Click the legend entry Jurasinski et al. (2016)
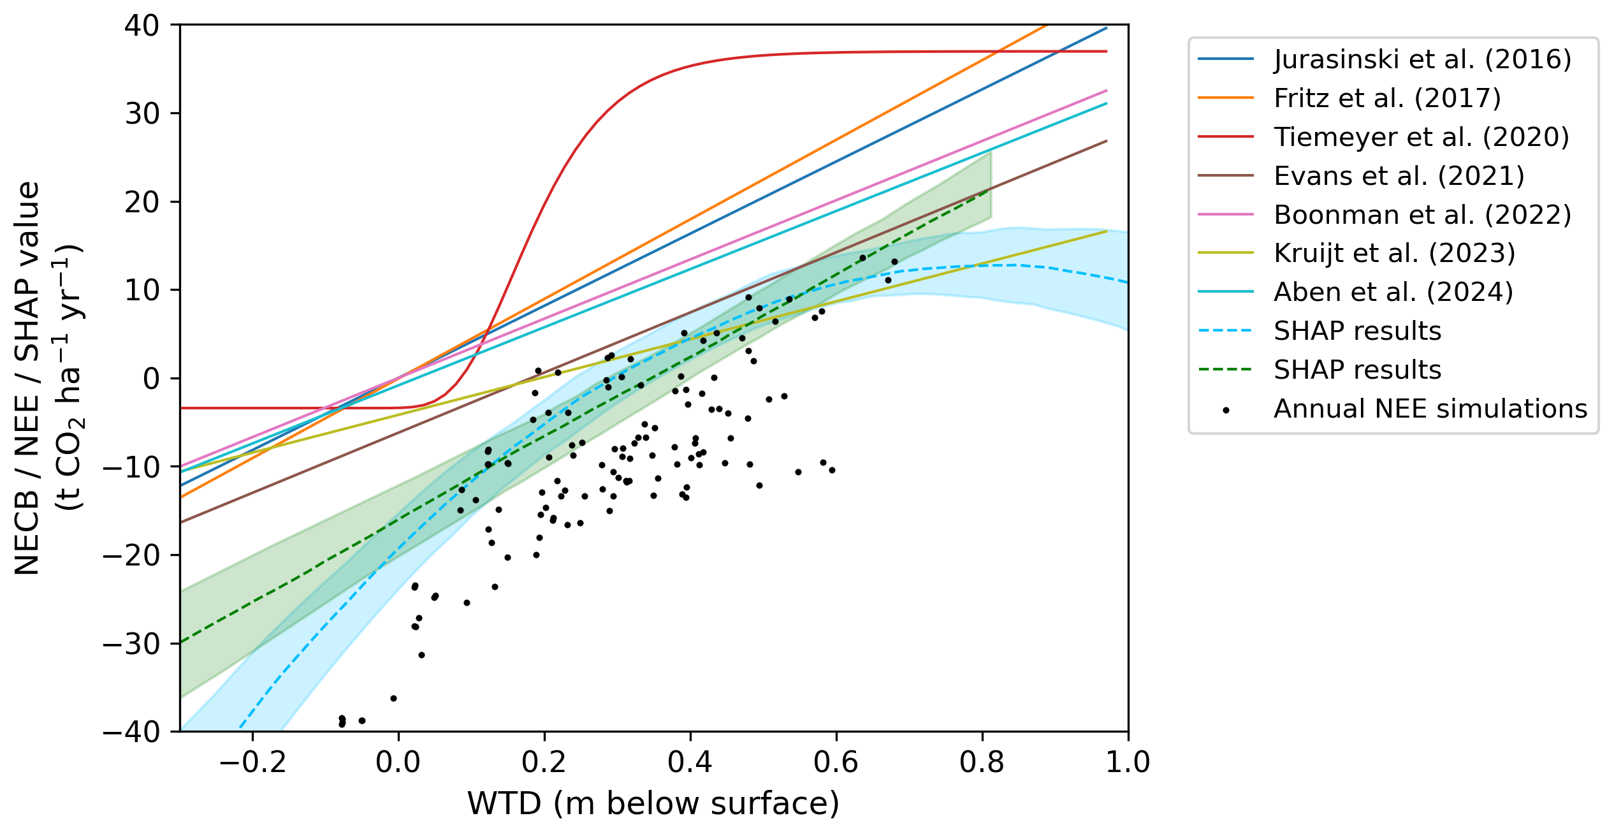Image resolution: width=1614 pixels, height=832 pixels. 1422,59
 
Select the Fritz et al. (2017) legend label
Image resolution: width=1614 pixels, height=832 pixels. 1387,98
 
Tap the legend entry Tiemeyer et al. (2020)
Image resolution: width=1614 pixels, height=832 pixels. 1421,137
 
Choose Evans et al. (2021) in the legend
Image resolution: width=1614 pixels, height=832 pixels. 1399,176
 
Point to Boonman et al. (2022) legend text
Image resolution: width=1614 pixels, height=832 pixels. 1422,215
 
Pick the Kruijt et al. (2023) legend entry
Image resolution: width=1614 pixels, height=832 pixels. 1394,254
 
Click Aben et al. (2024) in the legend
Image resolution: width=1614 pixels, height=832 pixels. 1393,293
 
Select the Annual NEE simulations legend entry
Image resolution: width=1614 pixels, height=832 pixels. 1430,409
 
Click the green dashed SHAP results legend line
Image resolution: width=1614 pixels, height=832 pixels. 1225,370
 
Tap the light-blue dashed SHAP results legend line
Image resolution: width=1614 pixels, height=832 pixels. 1225,332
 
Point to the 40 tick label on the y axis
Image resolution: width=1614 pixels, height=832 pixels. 142,26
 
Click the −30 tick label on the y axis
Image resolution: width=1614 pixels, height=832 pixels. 132,644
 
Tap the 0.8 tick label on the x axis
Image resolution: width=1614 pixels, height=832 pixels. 982,762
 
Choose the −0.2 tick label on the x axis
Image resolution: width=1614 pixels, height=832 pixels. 252,762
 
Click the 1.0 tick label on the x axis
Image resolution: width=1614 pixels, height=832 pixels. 1127,762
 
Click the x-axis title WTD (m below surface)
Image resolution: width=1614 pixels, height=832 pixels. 653,803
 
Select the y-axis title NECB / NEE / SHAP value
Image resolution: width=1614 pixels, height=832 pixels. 28,378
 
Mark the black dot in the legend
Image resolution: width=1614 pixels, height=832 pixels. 1225,410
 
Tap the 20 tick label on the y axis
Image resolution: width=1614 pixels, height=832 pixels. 142,203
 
